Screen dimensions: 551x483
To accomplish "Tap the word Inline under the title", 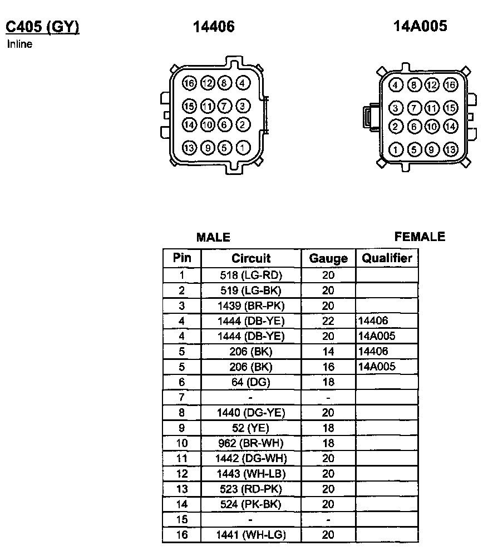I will click(19, 44).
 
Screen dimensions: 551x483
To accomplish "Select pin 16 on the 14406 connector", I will click(189, 84).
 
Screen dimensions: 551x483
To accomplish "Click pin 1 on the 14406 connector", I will click(243, 148).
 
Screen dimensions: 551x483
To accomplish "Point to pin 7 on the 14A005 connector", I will click(414, 108).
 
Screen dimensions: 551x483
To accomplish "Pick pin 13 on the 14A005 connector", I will click(450, 149).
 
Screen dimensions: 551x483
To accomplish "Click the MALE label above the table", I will click(213, 238).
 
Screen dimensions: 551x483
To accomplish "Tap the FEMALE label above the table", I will click(420, 237).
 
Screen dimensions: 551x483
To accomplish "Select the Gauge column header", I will click(328, 258).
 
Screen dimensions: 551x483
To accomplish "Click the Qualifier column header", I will click(387, 258).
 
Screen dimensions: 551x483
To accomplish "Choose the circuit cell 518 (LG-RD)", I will click(251, 275).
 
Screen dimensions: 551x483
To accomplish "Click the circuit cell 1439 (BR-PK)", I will click(251, 305).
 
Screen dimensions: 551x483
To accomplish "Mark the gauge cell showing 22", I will click(328, 321).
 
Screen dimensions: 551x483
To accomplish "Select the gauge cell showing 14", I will click(328, 352).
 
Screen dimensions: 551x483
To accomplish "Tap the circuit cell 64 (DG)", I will click(251, 382).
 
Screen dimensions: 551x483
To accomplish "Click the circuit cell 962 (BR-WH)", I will click(251, 443).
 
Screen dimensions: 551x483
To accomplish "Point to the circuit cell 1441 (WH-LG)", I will click(251, 535).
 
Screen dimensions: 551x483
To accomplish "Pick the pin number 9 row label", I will click(181, 428).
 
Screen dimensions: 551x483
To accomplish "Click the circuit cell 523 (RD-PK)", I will click(251, 489).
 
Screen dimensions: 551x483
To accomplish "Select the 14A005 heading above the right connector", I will click(420, 26).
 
